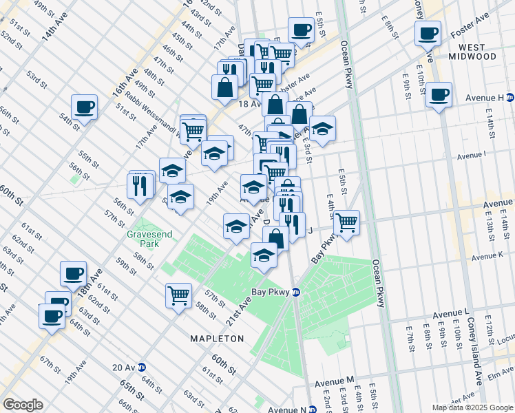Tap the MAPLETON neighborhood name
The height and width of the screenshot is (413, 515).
coord(218,339)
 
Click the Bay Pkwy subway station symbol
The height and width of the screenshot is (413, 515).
coord(296,292)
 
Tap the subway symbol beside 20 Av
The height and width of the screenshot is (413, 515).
coord(142,367)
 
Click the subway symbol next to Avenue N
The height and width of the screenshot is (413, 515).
coord(311,410)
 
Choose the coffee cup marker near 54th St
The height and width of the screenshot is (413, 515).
coord(84,107)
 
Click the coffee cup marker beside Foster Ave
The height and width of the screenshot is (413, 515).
coord(428,32)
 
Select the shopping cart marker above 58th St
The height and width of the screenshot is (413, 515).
coord(178,295)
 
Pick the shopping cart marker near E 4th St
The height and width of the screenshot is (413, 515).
coord(347,222)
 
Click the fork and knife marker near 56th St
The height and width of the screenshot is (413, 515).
coord(140,185)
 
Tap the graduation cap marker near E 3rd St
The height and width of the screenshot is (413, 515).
coord(322,128)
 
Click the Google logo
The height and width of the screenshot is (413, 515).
coord(23,405)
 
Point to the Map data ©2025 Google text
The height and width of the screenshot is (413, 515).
coord(472,407)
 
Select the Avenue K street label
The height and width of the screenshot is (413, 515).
coord(489,257)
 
